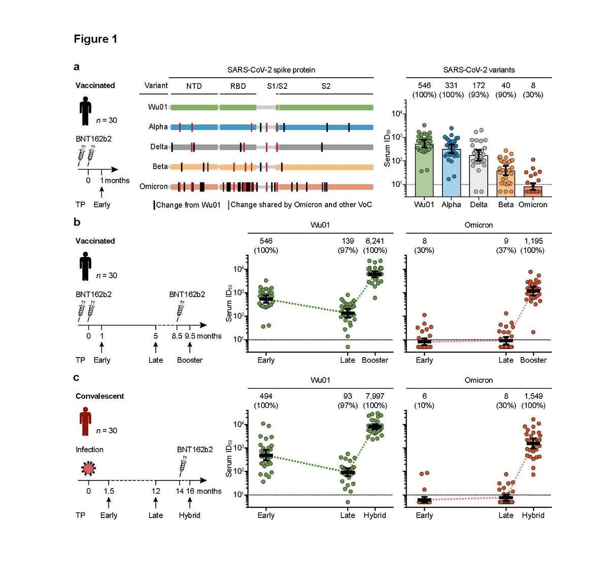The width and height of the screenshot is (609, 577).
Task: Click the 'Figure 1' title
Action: coord(95,39)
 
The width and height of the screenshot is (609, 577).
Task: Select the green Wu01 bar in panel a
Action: coord(424,173)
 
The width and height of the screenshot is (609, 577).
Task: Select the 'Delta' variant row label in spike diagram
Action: coord(159,147)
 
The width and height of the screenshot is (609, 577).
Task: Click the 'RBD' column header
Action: coord(238,86)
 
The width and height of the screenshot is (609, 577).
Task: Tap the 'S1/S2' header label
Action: coord(277,86)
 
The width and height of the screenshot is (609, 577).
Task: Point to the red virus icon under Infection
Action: coord(89,468)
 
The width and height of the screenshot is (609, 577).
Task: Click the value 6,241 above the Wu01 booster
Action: coord(375,241)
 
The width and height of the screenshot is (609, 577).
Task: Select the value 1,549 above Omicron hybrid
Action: coord(533,396)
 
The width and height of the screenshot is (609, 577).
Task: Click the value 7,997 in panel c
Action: coord(375,396)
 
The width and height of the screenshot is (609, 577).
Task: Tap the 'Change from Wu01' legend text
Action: coord(188,205)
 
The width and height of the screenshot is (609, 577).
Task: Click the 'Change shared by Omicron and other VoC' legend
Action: coord(301,205)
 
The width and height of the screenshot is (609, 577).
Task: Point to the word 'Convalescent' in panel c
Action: coord(99,396)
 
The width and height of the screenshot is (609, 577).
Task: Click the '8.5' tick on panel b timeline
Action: coord(177,336)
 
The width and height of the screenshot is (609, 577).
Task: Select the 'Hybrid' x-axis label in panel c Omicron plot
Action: coord(533,516)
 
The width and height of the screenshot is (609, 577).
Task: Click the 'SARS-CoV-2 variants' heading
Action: coord(479,70)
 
